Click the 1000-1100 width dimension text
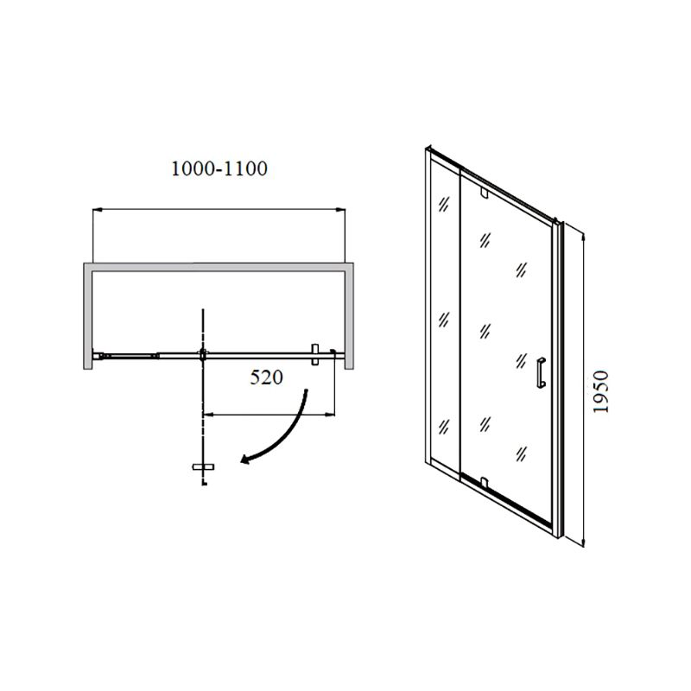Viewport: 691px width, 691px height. click(x=219, y=168)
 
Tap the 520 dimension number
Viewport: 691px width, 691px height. click(x=267, y=377)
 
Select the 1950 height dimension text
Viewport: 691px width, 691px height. click(x=600, y=392)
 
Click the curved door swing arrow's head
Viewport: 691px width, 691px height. click(x=245, y=460)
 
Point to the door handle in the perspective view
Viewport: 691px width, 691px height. click(x=542, y=373)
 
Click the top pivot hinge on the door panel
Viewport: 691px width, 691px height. click(x=485, y=193)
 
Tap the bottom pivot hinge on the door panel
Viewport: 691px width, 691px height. click(x=485, y=482)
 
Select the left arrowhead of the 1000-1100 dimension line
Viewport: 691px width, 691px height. click(x=98, y=210)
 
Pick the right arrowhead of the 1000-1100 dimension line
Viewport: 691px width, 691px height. click(x=340, y=210)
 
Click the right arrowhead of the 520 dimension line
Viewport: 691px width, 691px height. click(x=330, y=415)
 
